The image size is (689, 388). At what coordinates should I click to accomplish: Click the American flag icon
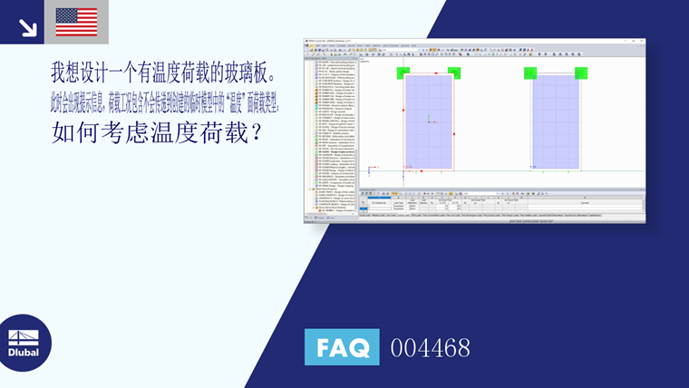(x=76, y=22)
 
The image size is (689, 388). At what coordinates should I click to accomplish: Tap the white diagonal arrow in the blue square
(x=27, y=27)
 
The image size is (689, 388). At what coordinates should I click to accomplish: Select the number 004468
(x=430, y=348)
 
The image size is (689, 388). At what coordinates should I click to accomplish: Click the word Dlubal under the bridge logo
(x=24, y=352)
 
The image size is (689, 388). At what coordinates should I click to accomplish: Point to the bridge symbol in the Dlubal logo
(x=24, y=332)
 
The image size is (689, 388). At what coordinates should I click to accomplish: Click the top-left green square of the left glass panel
(x=403, y=73)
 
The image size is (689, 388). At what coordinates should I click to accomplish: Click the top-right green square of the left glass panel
(x=453, y=73)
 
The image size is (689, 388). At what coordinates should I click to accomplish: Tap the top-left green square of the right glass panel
(x=529, y=73)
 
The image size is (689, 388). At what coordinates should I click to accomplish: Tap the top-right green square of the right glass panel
(x=581, y=73)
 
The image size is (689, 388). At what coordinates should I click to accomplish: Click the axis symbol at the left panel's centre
(x=428, y=119)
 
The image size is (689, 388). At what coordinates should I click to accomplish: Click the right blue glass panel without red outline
(x=555, y=121)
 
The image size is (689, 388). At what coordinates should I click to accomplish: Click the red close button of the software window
(x=642, y=40)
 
